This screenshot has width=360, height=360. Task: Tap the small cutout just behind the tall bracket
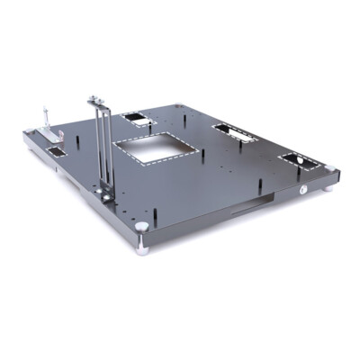pos(134,119)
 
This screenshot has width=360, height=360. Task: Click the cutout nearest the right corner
pos(298,161)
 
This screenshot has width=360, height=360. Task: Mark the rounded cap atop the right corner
pos(333,167)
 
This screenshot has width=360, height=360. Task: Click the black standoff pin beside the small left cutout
pos(78,141)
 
